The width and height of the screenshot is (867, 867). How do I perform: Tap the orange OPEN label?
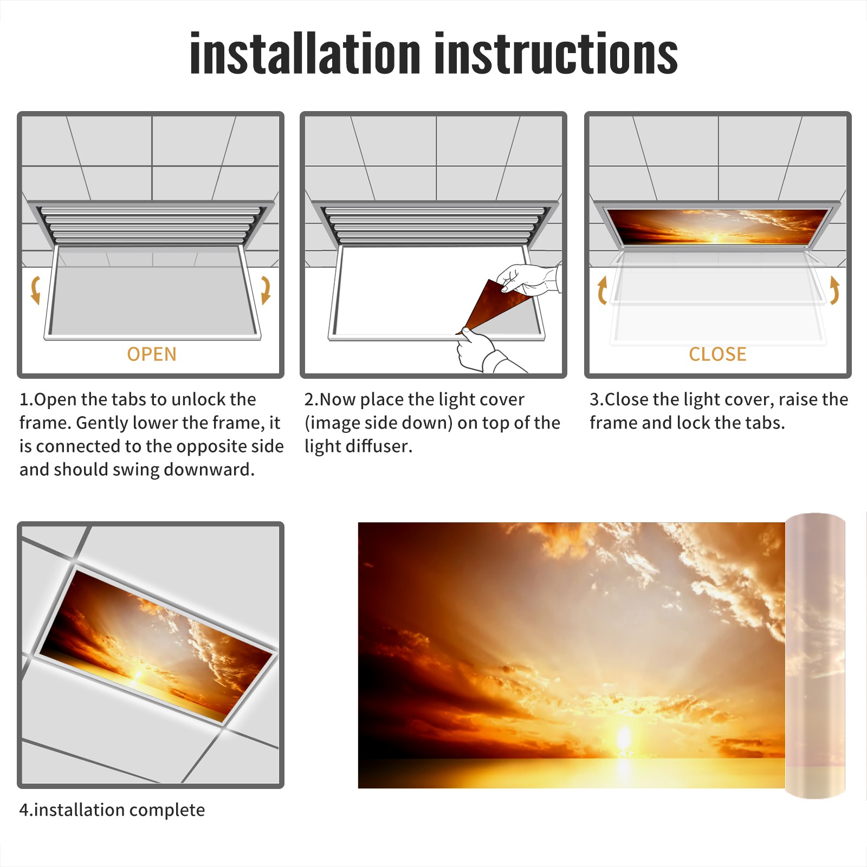click(152, 354)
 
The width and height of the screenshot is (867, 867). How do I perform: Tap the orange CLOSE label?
click(717, 354)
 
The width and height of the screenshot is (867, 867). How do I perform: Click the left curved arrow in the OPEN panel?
click(35, 290)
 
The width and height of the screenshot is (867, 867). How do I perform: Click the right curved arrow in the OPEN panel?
click(266, 290)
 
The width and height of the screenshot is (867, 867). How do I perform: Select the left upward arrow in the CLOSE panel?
click(601, 290)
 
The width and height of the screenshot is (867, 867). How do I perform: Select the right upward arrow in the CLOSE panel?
click(834, 290)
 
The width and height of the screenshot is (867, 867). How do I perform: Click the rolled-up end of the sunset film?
click(815, 656)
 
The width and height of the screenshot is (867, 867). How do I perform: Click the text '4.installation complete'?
click(112, 810)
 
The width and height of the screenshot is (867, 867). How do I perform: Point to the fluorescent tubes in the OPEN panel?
click(151, 224)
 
